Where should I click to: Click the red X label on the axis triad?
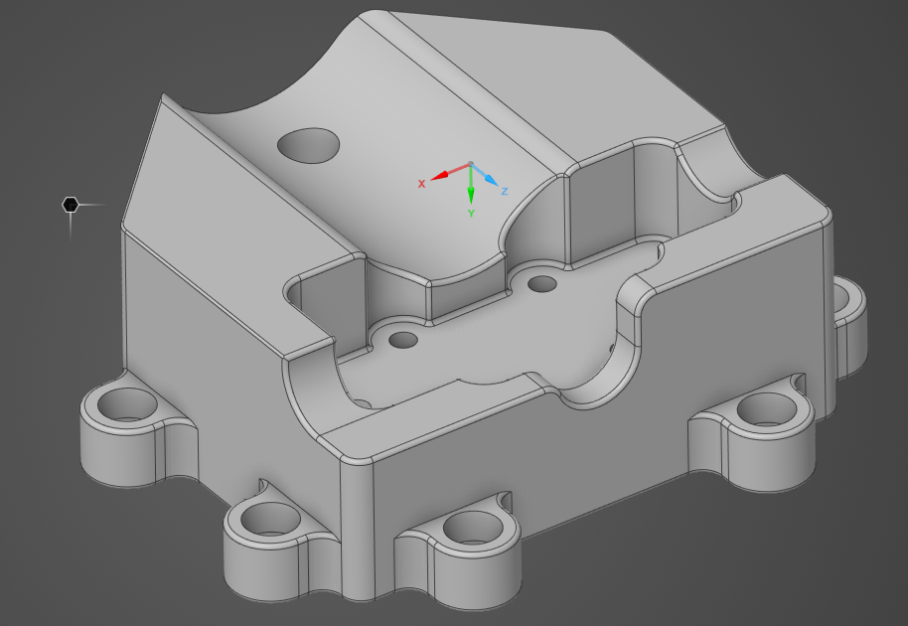tap(422, 184)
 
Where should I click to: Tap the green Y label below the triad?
tap(471, 214)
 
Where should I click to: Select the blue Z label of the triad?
tap(505, 191)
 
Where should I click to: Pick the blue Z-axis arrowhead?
tap(490, 180)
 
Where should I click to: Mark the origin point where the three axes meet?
tap(471, 165)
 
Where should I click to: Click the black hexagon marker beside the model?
tap(71, 205)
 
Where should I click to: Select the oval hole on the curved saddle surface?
tap(309, 145)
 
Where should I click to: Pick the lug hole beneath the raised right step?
tap(768, 409)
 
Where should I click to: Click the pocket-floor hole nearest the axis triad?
tap(542, 285)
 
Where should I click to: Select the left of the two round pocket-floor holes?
tap(403, 341)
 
